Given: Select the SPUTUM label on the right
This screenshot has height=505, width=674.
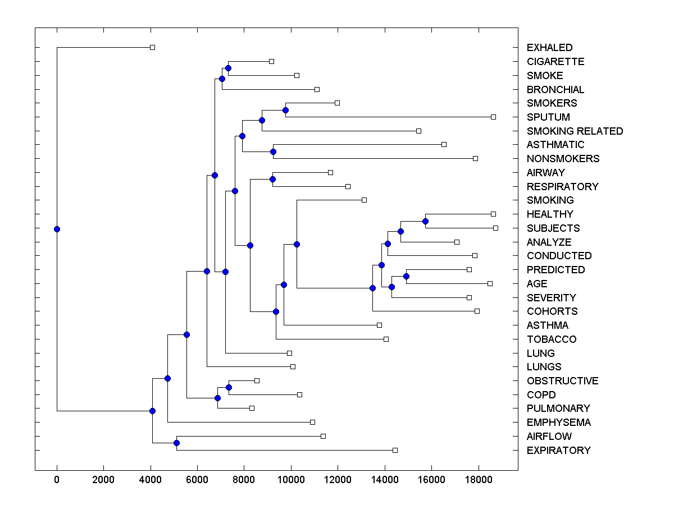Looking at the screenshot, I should [548, 117].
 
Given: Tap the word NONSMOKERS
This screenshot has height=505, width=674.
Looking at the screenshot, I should [563, 159].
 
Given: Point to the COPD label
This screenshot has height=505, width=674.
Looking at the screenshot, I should [541, 395].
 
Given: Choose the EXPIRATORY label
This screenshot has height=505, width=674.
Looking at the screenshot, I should [558, 451].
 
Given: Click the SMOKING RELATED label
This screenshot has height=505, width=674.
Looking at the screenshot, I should [575, 131].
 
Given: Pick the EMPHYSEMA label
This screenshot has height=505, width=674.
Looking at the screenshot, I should [558, 423].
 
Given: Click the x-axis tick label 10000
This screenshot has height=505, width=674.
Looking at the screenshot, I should [291, 479].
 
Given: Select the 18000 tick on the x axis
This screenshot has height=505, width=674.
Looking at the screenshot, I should [479, 479].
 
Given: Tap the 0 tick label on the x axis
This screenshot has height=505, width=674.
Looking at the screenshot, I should [57, 479].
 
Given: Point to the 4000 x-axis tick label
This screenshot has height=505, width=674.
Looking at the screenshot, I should [151, 479].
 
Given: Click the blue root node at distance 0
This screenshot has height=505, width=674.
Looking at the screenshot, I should [57, 229].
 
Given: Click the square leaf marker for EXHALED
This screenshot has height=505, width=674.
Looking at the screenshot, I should [152, 47].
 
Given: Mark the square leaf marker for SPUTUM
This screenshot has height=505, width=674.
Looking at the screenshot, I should [493, 117].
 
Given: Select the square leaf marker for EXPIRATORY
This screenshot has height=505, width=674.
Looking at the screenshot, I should [395, 450].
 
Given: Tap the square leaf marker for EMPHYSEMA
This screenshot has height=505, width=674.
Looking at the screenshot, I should [312, 422].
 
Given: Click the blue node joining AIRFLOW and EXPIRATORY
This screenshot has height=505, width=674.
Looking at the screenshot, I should [176, 443].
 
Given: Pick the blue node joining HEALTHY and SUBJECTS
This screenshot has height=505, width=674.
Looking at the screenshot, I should [425, 221].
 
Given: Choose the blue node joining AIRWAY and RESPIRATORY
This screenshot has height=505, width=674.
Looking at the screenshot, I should [272, 179].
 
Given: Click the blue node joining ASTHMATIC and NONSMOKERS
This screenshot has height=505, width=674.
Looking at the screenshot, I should [274, 151].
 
